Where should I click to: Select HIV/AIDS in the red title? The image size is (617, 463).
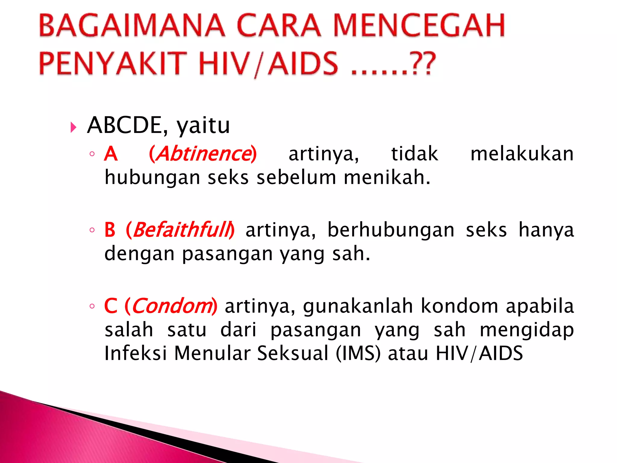pos(268,63)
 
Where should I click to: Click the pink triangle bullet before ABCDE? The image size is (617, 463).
pos(73,127)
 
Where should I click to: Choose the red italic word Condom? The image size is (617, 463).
pos(172,306)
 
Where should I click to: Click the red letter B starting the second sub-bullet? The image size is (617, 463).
pos(110,230)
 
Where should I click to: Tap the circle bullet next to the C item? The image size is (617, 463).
pos(92,306)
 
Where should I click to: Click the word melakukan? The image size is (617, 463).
pos(522,154)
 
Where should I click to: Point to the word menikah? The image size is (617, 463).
pos(387,177)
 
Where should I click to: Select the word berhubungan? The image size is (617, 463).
pos(391,230)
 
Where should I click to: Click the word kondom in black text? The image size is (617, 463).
pos(459,306)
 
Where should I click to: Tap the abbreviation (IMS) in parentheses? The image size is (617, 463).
pos(358,353)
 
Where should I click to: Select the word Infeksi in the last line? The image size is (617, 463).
pos(135,353)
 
